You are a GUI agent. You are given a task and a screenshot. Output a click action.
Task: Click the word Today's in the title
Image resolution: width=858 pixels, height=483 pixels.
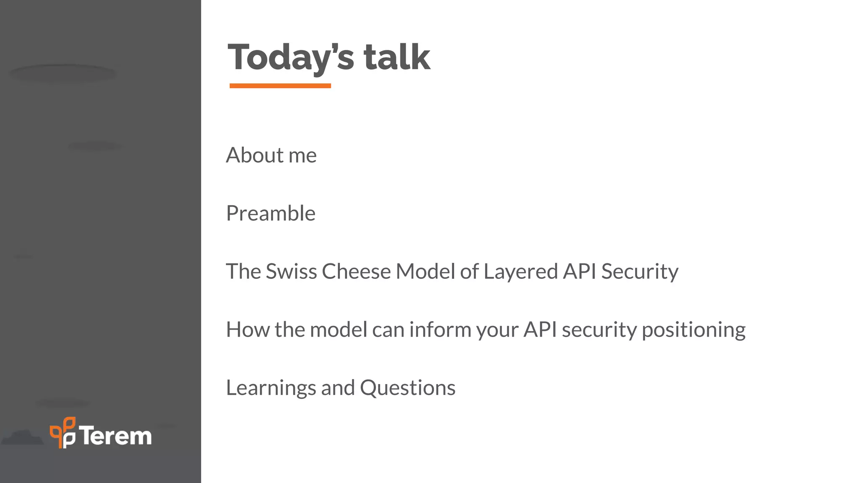point(291,57)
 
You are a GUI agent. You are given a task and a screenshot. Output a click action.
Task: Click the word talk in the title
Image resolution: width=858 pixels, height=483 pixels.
point(396,57)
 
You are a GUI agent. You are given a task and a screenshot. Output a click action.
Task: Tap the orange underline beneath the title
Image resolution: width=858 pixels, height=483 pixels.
point(280,86)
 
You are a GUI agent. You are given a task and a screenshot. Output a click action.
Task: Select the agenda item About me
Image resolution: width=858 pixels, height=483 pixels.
point(271,156)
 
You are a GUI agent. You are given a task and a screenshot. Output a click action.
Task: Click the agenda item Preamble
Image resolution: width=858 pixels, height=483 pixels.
point(271,213)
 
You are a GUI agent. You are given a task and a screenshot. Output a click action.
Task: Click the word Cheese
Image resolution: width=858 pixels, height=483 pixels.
point(356,271)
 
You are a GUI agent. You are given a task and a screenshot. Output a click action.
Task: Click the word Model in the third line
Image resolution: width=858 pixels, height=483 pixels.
point(425,271)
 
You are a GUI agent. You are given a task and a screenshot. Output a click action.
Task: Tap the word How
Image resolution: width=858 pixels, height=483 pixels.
point(248,330)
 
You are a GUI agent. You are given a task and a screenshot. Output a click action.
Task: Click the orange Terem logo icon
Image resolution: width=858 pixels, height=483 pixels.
point(63,432)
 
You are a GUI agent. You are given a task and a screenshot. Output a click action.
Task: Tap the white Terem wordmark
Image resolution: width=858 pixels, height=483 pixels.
point(116,436)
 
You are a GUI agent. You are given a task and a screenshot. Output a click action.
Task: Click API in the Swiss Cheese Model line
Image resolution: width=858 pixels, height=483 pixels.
point(579,271)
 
